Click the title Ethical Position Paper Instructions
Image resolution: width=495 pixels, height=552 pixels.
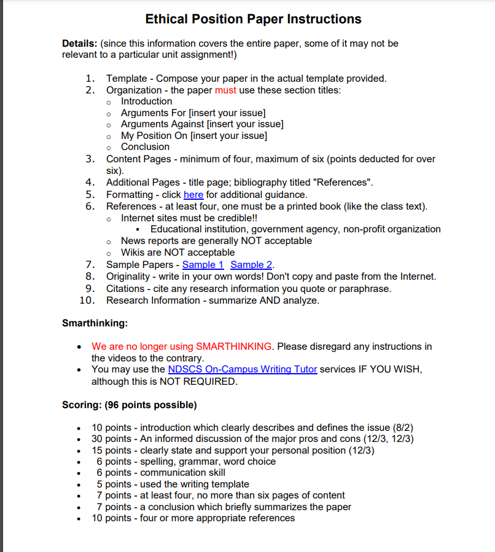coord(253,19)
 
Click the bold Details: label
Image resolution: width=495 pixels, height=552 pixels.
coord(79,44)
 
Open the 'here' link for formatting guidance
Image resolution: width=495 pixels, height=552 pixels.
coord(193,194)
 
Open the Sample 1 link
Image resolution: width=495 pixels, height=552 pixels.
coord(203,264)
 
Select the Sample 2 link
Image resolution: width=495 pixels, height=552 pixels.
coord(251,264)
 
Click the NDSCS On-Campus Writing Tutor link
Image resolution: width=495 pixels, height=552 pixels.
coord(242,369)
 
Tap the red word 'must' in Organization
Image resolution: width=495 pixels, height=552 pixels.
coord(225,90)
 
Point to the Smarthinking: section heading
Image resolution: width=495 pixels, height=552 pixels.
coord(95,323)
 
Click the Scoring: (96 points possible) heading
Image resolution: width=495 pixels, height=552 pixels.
coord(129,405)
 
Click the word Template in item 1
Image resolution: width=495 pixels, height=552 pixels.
coord(126,78)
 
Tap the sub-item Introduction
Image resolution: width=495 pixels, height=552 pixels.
coord(146,101)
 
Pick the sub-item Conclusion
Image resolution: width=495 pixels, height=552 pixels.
coord(145,147)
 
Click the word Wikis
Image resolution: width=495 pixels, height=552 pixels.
coord(133,253)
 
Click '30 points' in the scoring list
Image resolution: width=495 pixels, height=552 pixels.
coord(111,439)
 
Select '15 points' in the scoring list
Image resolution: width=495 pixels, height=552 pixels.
coord(111,450)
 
